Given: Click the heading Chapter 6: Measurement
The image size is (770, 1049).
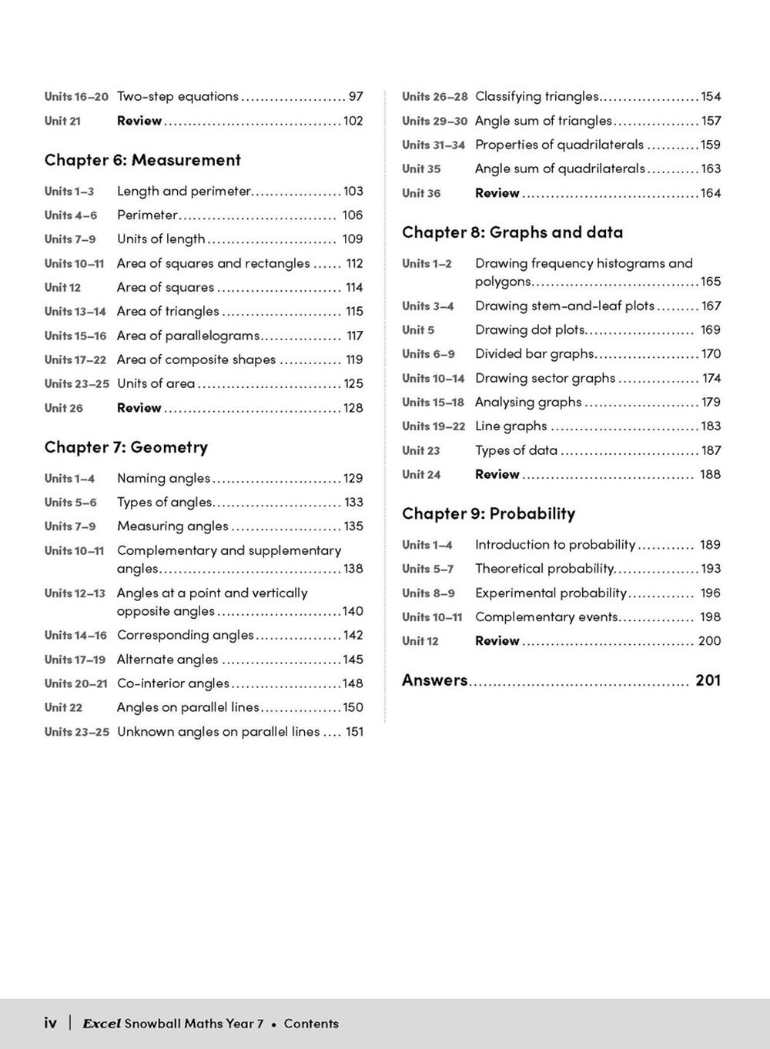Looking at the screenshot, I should (x=142, y=160).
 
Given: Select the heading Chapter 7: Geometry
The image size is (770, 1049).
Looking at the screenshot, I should (x=126, y=447).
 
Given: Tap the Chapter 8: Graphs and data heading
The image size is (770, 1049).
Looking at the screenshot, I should (x=512, y=232).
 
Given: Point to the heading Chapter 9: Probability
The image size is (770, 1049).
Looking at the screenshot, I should (x=488, y=513).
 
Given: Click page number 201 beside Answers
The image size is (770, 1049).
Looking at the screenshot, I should (x=708, y=680).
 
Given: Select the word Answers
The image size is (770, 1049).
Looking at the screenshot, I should (x=434, y=680).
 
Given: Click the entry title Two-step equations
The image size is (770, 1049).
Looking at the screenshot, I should (x=178, y=96).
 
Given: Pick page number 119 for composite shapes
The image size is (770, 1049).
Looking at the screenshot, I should (x=354, y=359).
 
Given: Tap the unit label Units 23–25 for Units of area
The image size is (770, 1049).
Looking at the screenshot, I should (x=76, y=383).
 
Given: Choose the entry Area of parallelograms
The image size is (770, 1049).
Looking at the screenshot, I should (x=188, y=336).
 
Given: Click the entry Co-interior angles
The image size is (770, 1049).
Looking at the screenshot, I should (x=173, y=683).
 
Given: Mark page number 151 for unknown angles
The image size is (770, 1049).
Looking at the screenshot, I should (x=354, y=731).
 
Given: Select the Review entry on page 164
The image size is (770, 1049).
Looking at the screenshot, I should (x=497, y=193).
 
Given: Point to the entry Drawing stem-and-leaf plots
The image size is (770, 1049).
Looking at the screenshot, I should (x=564, y=306).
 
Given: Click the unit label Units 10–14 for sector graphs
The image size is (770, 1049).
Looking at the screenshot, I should (x=433, y=378).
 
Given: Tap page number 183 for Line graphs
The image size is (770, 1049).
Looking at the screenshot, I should (x=711, y=426).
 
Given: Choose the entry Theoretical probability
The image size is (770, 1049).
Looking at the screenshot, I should (x=544, y=569).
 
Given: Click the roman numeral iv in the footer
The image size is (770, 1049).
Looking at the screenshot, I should (x=50, y=1023).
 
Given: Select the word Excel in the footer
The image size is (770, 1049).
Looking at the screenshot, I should (x=102, y=1024).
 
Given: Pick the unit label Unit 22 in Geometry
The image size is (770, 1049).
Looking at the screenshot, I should (x=63, y=707).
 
